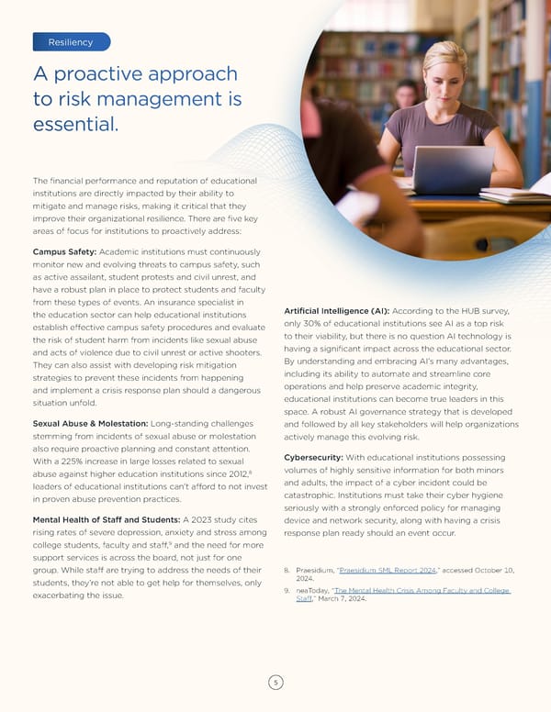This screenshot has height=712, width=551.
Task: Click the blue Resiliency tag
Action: [x=71, y=41]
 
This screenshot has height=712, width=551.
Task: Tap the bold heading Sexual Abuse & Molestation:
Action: [x=89, y=423]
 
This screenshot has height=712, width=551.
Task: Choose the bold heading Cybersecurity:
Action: [x=315, y=458]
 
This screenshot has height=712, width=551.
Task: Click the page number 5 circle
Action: [x=275, y=682]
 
